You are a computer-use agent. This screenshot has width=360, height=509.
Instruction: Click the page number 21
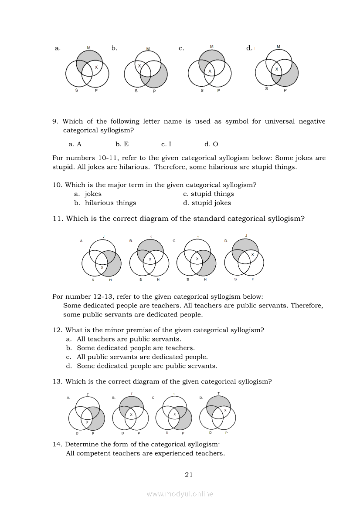tap(189, 475)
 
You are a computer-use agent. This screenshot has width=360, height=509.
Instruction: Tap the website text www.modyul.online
tap(180, 494)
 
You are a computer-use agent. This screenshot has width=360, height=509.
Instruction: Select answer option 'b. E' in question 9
tap(122, 144)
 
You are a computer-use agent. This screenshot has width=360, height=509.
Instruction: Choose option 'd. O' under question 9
tap(211, 144)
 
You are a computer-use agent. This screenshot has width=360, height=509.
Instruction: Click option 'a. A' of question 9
tap(75, 144)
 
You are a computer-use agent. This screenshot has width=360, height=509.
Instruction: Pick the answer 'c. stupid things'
tap(208, 194)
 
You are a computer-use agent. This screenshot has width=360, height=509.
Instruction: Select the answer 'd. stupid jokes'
tap(207, 203)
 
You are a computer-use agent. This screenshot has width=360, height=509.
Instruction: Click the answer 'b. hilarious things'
tap(105, 203)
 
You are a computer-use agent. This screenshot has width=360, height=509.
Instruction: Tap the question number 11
tap(58, 219)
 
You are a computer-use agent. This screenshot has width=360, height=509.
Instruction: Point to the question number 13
tap(58, 381)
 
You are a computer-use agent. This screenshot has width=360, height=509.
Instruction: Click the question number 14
tap(58, 444)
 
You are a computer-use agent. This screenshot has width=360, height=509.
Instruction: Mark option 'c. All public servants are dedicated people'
tap(137, 357)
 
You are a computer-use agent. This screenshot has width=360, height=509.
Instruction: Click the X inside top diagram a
tap(96, 67)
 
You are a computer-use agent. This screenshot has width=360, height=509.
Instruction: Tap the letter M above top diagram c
tap(212, 46)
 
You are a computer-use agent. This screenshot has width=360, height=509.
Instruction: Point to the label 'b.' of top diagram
tap(114, 48)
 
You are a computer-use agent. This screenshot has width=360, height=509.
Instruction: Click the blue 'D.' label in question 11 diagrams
tap(226, 240)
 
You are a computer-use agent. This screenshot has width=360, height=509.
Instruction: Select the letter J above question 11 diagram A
tap(103, 236)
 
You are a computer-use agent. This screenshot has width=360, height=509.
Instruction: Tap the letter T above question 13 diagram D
tap(218, 394)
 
